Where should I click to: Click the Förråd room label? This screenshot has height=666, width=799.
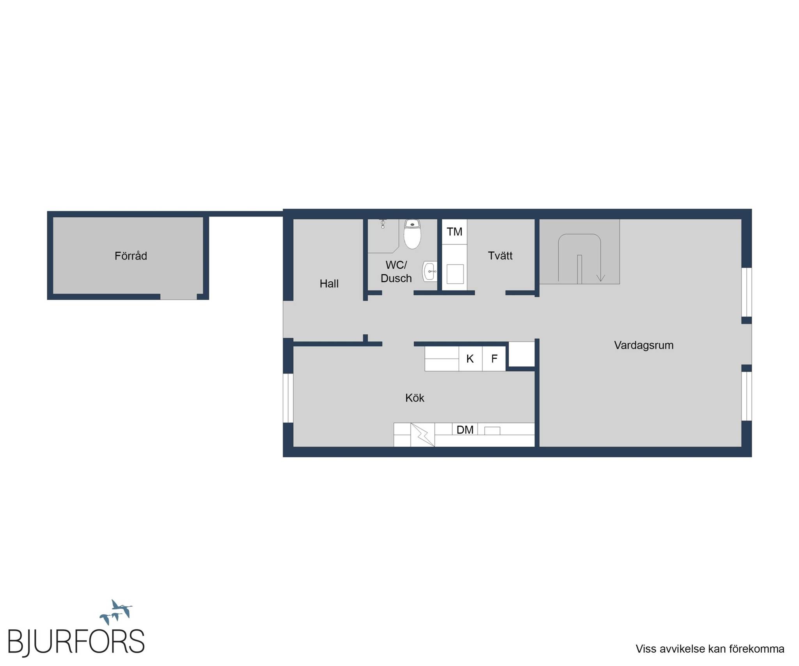click(131, 256)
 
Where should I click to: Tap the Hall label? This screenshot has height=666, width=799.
click(329, 284)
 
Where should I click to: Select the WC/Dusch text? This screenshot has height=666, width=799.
click(396, 272)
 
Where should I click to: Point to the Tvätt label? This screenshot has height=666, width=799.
click(500, 256)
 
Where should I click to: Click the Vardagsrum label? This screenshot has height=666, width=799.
click(644, 345)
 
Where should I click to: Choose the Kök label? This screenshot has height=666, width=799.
click(415, 398)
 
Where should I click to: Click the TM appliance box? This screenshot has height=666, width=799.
click(455, 232)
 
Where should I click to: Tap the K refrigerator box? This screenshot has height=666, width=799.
click(470, 359)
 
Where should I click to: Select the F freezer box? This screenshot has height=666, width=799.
click(494, 359)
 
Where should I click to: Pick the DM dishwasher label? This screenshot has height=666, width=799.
click(465, 430)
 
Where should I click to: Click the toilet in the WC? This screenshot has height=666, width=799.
click(412, 234)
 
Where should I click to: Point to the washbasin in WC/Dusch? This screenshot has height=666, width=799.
click(430, 272)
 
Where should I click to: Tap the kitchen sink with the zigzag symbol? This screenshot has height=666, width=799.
click(423, 435)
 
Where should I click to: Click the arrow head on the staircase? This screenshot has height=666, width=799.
click(601, 278)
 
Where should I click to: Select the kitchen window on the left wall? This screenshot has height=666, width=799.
click(288, 398)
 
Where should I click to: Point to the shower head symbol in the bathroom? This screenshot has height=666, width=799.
click(383, 224)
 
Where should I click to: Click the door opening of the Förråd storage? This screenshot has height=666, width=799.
click(178, 297)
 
